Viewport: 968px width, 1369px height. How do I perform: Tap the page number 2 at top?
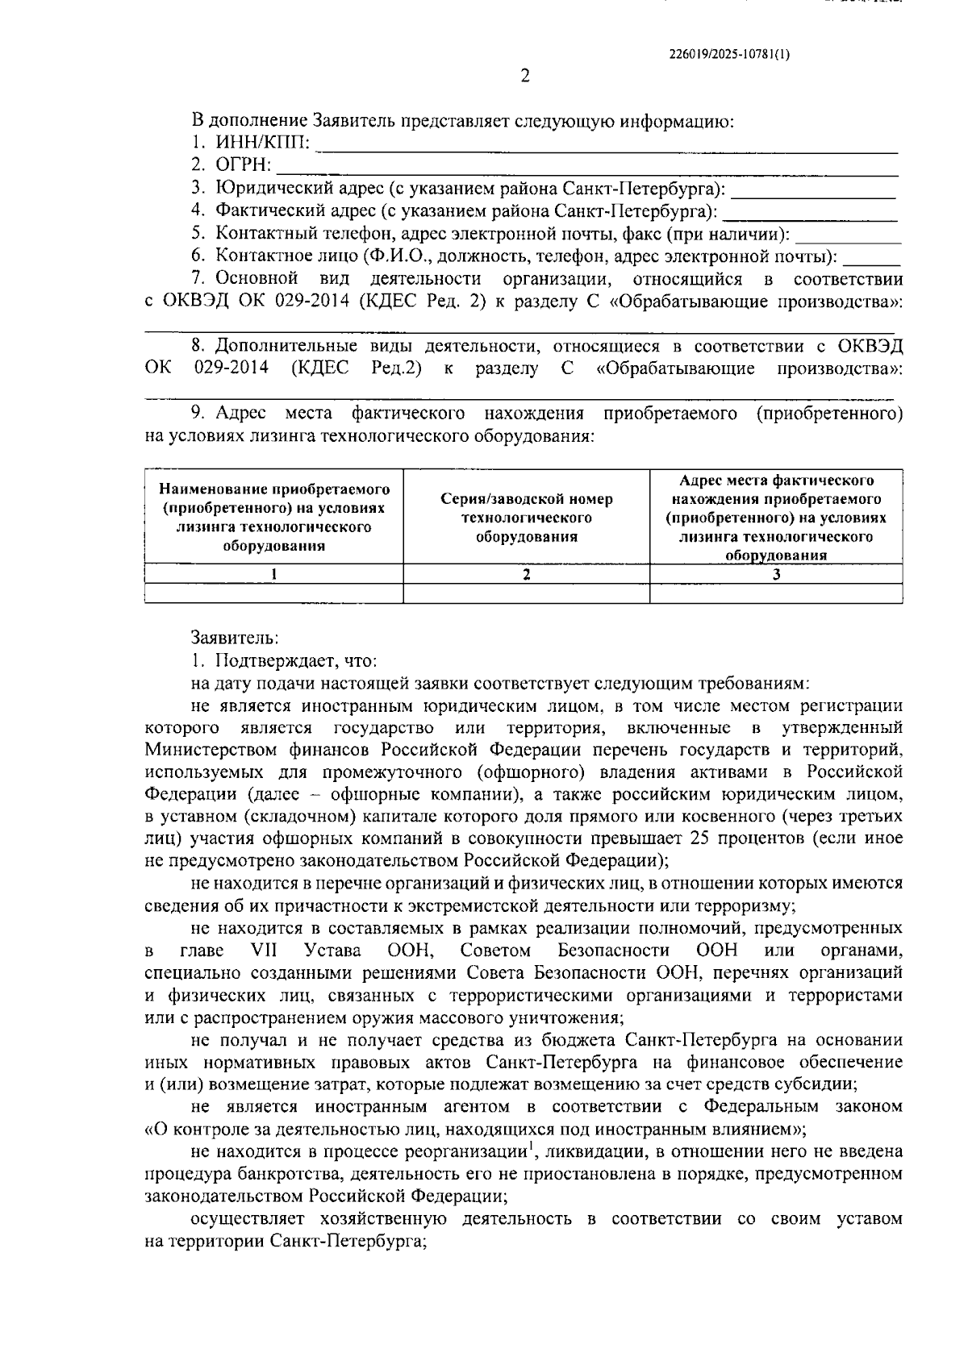(524, 77)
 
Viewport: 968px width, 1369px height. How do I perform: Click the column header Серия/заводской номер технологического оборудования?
(526, 518)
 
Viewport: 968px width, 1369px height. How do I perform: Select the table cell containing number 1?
(273, 574)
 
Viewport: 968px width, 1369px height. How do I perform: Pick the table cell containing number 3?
(776, 574)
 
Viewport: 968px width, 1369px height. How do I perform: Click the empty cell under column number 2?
(526, 593)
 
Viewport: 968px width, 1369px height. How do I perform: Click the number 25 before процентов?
(701, 838)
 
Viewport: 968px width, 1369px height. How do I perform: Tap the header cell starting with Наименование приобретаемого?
(273, 517)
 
